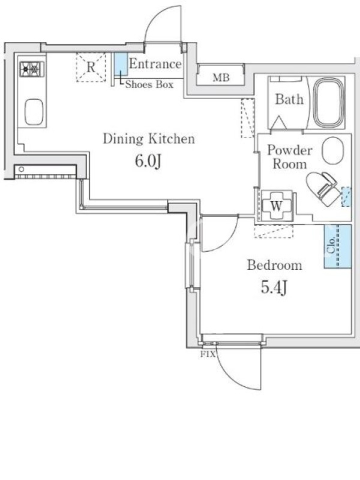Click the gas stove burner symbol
pos(32,69)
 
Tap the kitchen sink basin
pos(34,112)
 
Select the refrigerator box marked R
pos(91,67)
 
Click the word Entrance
pos(155,64)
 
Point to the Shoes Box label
pos(149,84)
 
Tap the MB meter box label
pos(221,78)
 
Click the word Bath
pos(289,100)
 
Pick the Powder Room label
pos(290,157)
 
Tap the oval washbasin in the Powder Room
pos(333,151)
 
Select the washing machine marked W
pos(277,205)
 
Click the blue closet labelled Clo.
pos(338,246)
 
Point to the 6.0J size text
pos(148,161)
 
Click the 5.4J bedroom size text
pos(274,288)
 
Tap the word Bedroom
pos(274,265)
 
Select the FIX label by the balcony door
pos(208,355)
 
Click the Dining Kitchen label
pos(149,139)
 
